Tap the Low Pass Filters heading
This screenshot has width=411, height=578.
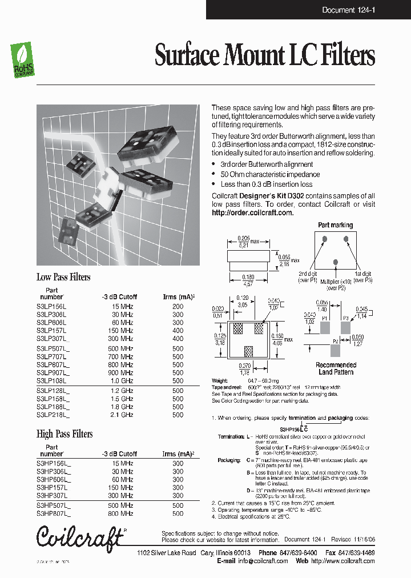pyautogui.click(x=63, y=277)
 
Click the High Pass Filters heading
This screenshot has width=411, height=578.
pyautogui.click(x=65, y=434)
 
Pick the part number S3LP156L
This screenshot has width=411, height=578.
pyautogui.click(x=51, y=306)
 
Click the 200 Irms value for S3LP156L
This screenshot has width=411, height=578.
pyautogui.click(x=178, y=306)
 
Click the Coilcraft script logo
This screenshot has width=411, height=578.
pyautogui.click(x=79, y=537)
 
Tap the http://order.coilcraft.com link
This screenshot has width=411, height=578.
pyautogui.click(x=252, y=212)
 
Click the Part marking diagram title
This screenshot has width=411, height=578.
pyautogui.click(x=335, y=225)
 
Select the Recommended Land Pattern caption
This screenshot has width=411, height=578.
pyautogui.click(x=336, y=368)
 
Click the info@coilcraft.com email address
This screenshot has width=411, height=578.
pyautogui.click(x=263, y=561)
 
